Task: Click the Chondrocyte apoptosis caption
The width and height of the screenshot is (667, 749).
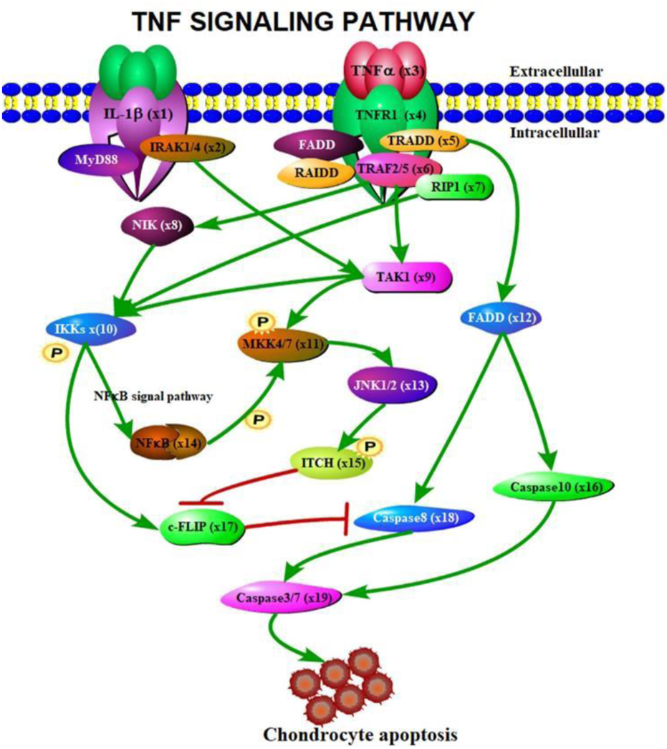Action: pos(359,734)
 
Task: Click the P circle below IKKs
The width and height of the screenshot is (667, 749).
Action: pos(52,353)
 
